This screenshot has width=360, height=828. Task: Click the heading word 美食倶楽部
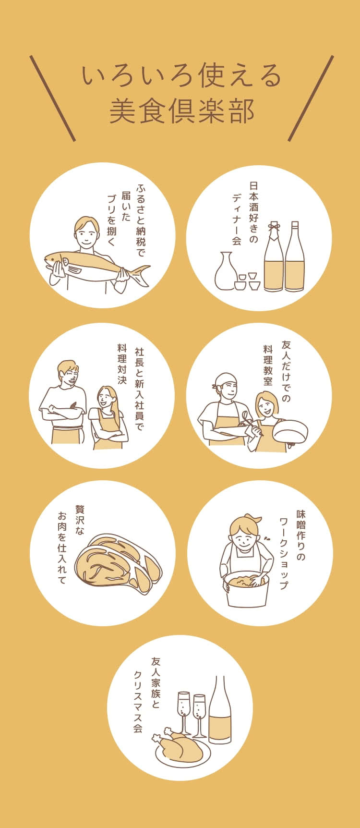pos(181,112)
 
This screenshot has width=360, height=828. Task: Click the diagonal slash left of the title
pos(53,98)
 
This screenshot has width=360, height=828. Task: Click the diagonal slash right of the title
pos(311,98)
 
